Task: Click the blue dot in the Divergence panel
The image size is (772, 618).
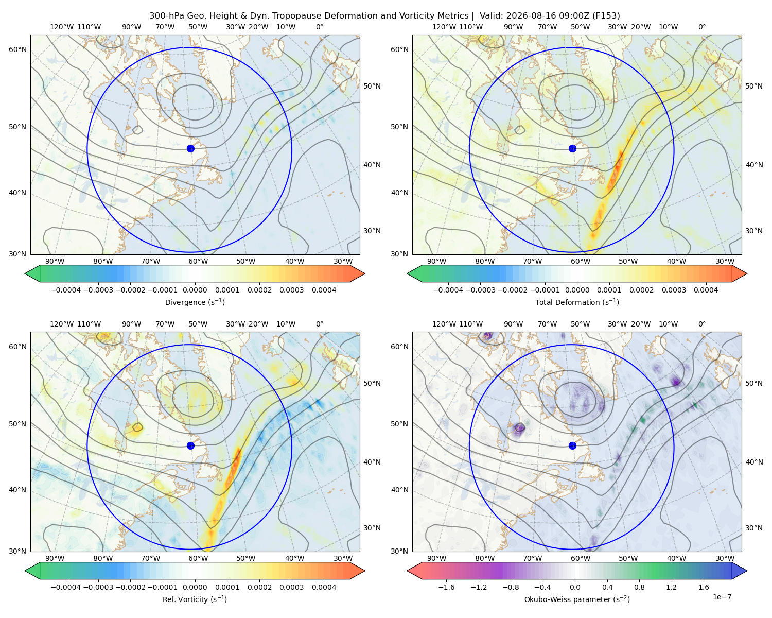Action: point(190,149)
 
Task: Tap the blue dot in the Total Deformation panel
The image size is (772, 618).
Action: point(572,149)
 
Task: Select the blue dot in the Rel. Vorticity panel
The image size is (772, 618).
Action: point(190,445)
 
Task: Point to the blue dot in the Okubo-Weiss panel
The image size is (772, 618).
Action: point(572,445)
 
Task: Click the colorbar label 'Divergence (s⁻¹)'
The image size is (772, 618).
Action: point(195,302)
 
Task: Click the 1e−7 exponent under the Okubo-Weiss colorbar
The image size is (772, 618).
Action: point(722,597)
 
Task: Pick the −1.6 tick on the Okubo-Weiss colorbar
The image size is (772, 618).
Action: point(446,587)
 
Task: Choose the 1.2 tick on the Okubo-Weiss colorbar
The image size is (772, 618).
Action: point(671,587)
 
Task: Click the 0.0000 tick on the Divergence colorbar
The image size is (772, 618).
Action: point(195,290)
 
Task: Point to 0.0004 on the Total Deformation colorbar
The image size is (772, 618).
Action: point(706,290)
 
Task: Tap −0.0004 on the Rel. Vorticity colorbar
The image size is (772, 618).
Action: point(66,587)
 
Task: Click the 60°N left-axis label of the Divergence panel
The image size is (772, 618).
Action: point(17,49)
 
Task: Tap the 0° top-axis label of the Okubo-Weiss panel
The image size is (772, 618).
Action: point(701,324)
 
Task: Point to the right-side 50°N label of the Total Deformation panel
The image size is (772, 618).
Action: point(753,86)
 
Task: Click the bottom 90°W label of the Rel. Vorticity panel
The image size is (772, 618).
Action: point(55,558)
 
